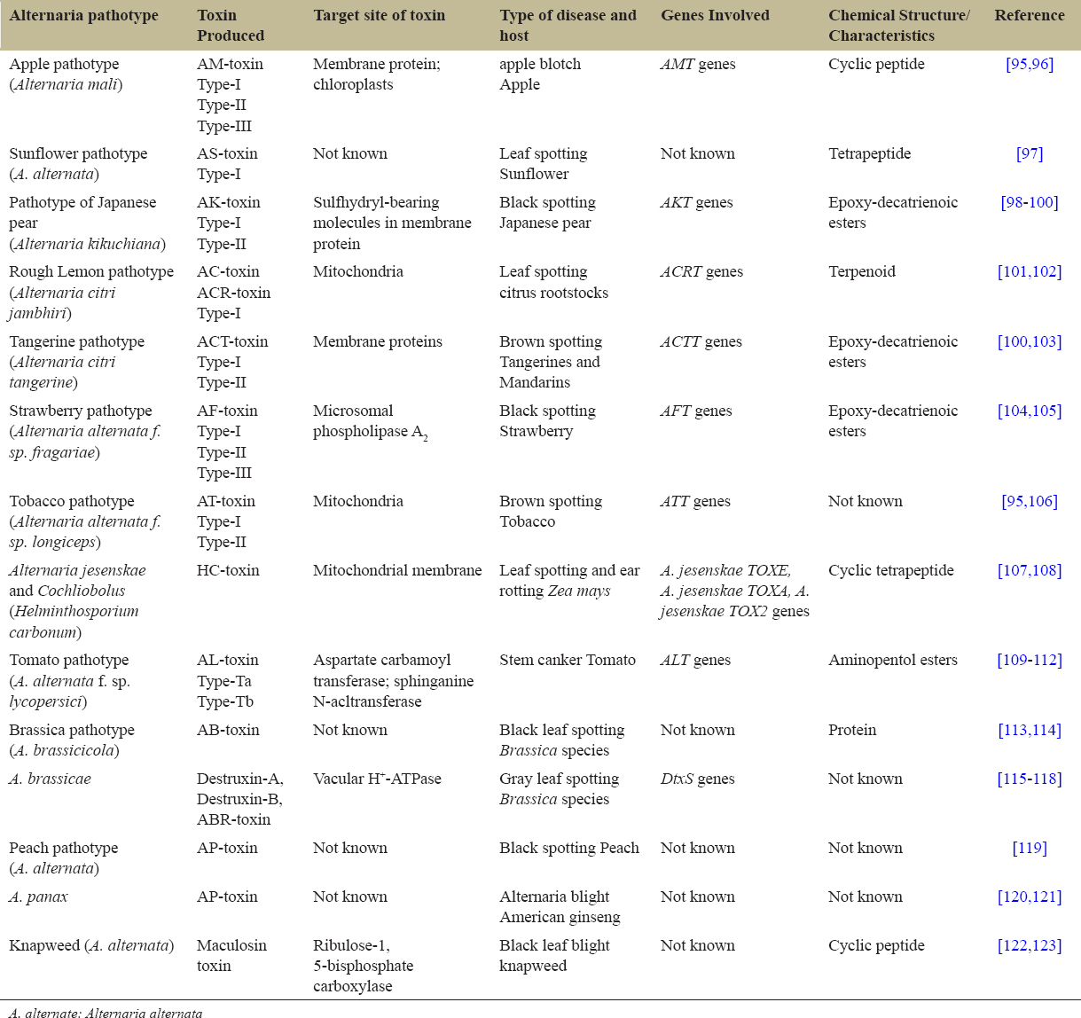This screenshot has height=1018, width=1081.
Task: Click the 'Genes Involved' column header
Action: tap(715, 15)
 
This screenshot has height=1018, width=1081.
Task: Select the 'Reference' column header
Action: tap(1029, 15)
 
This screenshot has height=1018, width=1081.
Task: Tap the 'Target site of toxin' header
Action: tap(379, 15)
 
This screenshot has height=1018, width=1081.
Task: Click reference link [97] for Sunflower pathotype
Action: tap(1029, 153)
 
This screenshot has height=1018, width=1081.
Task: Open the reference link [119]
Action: tap(1029, 848)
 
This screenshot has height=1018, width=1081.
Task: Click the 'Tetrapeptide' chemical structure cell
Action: tap(869, 153)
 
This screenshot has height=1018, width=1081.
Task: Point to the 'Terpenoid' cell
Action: tap(861, 271)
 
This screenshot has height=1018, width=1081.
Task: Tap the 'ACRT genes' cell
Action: tap(701, 271)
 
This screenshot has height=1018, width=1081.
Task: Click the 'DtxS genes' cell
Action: tap(697, 779)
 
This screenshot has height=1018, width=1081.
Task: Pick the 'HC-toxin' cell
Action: tap(228, 570)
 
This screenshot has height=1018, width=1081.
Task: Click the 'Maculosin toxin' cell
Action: tap(231, 955)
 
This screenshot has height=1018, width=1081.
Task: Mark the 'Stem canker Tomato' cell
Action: tap(567, 660)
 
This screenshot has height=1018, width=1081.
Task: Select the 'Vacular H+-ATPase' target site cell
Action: tap(377, 779)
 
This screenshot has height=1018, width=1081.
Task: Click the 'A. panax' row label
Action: tap(38, 897)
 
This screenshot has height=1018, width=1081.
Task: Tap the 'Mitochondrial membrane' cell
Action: tap(397, 570)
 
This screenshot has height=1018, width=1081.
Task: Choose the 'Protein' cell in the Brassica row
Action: tap(851, 730)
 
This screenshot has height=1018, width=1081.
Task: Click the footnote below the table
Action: tap(106, 1013)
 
